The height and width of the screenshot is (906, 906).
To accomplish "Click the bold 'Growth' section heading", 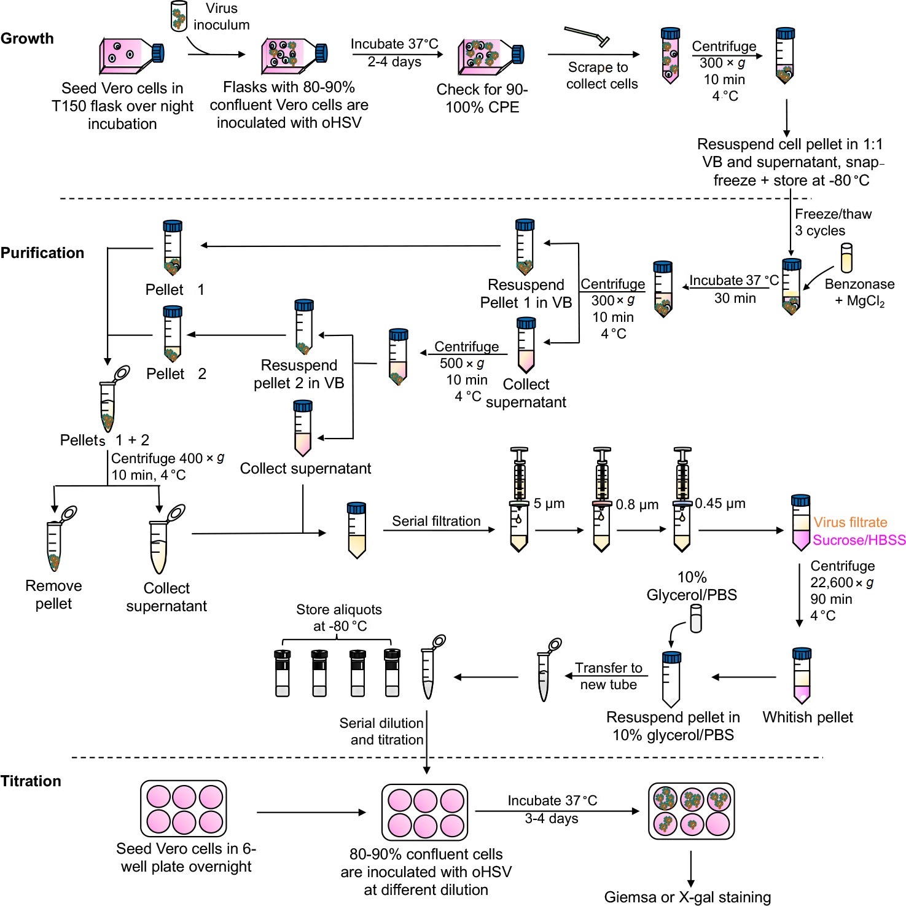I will tap(27, 39).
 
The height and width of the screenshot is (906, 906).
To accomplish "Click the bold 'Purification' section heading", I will tap(42, 253).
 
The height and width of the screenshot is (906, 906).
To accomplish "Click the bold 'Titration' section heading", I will tap(31, 781).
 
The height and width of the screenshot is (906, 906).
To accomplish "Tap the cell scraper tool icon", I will tap(587, 37).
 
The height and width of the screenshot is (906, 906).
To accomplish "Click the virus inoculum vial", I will tap(179, 17).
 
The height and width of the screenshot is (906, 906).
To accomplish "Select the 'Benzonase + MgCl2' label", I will tap(859, 292).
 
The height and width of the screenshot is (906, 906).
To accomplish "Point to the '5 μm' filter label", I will tap(549, 504).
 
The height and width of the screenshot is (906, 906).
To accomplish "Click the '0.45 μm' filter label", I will tap(720, 504).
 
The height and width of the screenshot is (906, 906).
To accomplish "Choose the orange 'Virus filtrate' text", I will tap(850, 523).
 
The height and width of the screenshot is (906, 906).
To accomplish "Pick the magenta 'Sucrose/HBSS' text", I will tap(859, 540).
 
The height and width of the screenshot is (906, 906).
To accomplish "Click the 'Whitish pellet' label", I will tap(807, 717).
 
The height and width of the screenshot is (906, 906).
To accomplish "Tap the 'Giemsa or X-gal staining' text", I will tap(687, 897).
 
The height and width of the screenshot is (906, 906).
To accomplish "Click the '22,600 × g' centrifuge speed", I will tap(842, 582).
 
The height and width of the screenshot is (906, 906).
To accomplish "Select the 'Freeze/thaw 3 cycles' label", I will tap(832, 222).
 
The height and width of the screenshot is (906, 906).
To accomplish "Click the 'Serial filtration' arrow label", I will tap(436, 521).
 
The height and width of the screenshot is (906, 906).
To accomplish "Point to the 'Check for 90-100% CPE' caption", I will tap(482, 98).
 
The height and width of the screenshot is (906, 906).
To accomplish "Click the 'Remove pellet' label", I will tap(53, 595).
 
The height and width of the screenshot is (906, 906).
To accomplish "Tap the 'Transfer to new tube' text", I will tap(608, 676).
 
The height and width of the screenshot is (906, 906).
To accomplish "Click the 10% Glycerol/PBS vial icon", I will tap(695, 619).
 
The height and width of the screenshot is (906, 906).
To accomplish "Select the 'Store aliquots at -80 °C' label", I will tap(339, 618).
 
